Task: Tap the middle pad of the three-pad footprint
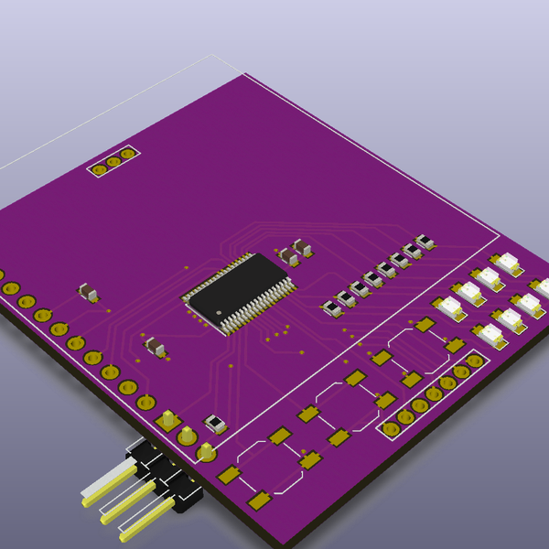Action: [x=113, y=161]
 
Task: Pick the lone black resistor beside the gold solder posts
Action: [x=216, y=424]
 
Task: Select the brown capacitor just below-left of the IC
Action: [x=156, y=346]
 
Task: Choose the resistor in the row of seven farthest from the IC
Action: [x=425, y=242]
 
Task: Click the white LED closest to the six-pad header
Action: [x=492, y=336]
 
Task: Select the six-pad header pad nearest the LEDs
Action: [x=474, y=361]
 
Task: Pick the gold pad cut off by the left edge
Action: [x=1, y=274]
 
